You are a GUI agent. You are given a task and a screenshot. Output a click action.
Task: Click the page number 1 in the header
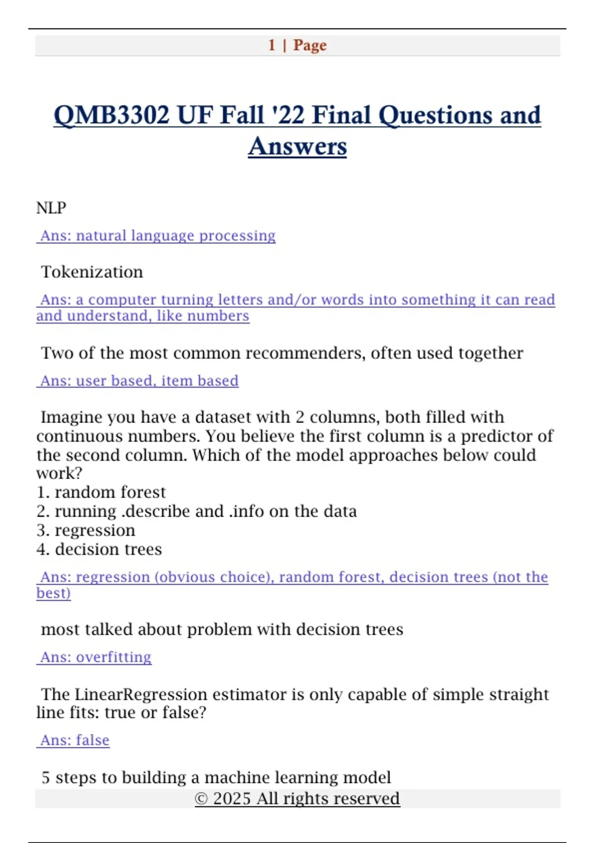(x=272, y=45)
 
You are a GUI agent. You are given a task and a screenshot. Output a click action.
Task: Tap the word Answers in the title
(x=297, y=147)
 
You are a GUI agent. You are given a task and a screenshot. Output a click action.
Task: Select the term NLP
(x=51, y=208)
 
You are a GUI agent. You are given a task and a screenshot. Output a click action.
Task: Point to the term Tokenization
(x=92, y=272)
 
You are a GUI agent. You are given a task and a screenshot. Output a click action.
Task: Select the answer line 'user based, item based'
(x=139, y=381)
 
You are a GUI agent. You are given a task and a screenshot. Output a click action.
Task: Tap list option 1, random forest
(x=101, y=492)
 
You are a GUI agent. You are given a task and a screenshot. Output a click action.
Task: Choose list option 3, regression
(x=86, y=530)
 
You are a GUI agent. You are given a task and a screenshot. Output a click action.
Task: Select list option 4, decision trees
(x=99, y=549)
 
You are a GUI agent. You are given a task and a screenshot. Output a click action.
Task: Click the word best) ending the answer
(x=54, y=593)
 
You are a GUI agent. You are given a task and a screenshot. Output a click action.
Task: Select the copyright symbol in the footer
(x=201, y=799)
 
